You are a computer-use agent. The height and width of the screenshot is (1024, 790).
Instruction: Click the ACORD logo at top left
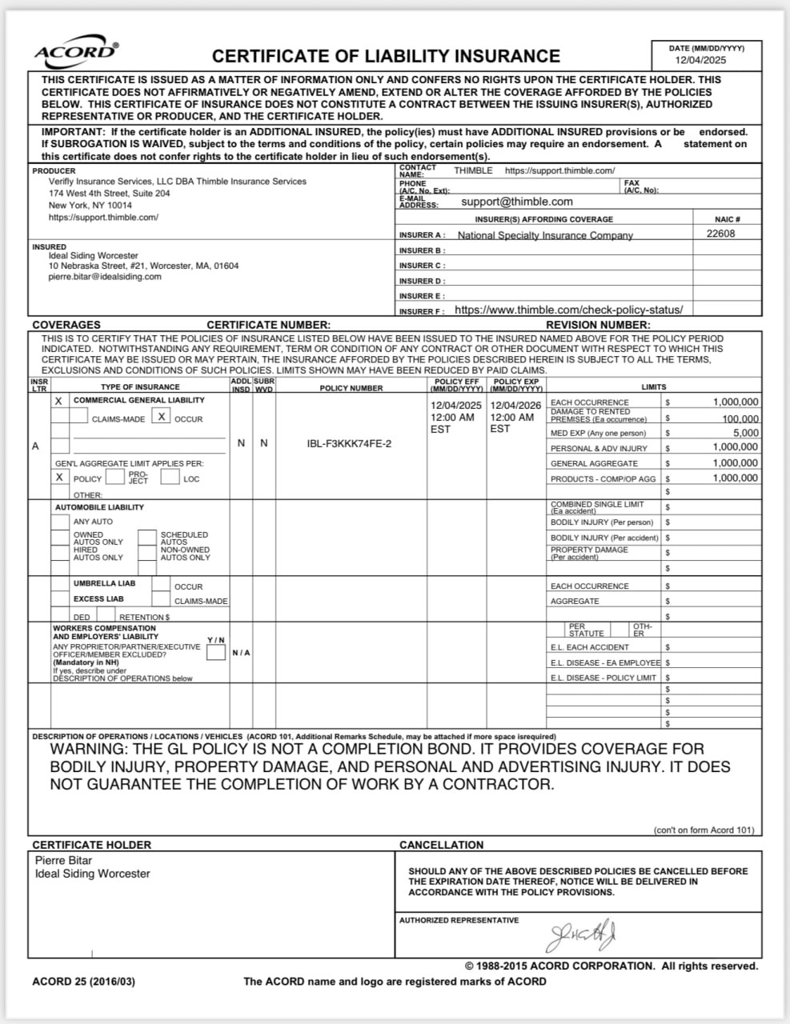tap(76, 52)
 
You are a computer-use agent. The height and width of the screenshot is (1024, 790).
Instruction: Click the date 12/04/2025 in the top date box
tap(700, 60)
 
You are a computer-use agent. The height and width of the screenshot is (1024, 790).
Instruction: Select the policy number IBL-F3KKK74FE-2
tap(350, 443)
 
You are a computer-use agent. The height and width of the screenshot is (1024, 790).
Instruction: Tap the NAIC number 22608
tap(720, 234)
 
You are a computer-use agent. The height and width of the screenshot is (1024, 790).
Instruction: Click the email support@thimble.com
tap(517, 202)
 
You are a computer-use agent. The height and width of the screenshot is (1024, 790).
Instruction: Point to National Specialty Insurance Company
tap(545, 235)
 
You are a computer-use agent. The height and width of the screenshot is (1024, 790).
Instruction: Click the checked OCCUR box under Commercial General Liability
tap(161, 417)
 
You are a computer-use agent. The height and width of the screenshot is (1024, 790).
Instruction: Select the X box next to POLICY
tap(59, 477)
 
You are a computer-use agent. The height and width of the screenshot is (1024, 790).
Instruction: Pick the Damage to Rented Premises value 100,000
tap(740, 418)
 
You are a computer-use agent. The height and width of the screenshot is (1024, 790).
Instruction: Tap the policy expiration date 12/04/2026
tap(515, 405)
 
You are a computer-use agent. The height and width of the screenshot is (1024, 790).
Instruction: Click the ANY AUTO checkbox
tap(60, 522)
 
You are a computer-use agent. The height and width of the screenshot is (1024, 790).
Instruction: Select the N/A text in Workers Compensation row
tap(241, 653)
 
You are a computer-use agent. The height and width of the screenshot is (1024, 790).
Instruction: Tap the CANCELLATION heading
tap(441, 845)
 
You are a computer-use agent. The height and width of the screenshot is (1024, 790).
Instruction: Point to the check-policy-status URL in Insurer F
tap(568, 310)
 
